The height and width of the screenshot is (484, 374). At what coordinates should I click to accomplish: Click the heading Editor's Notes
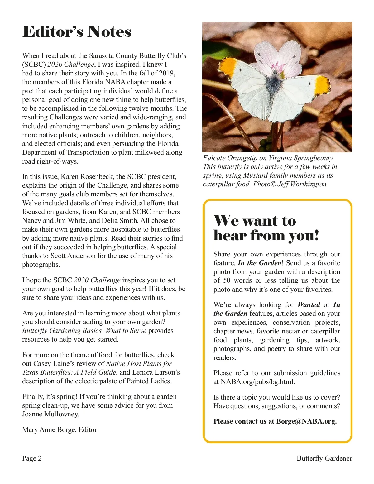[x=77, y=32]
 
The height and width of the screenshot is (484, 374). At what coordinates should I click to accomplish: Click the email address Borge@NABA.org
[x=306, y=421]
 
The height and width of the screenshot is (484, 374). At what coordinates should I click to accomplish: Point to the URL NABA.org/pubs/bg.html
[x=257, y=381]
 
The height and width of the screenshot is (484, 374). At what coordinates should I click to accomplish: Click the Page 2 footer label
[x=32, y=458]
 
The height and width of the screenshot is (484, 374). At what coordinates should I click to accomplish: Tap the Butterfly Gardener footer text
[x=324, y=458]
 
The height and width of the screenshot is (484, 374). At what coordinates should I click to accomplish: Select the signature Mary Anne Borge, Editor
[x=60, y=429]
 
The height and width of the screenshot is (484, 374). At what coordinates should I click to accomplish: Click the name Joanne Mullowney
[x=50, y=414]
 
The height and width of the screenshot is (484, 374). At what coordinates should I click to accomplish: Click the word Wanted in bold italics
[x=309, y=304]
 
